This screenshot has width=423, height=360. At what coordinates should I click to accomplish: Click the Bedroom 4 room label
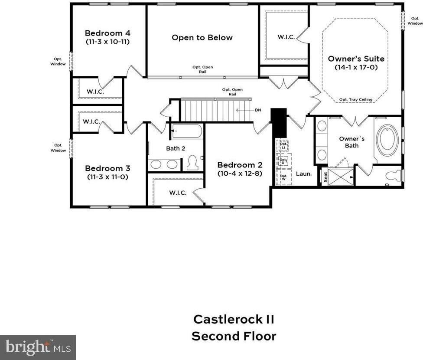coord(107,33)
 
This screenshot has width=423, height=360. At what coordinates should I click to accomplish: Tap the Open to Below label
coord(202,38)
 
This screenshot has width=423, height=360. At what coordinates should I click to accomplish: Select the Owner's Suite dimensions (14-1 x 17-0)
coord(356,67)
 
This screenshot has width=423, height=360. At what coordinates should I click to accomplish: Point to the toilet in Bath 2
coord(192,163)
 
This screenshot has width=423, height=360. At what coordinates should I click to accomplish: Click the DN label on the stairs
coord(258,110)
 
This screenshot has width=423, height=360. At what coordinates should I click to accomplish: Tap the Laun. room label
coord(304,173)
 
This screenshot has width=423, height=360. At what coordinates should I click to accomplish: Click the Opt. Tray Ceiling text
coord(355,99)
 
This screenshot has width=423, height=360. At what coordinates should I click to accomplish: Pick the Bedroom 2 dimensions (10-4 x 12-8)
coord(240,173)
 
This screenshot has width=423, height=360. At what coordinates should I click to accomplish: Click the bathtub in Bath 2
coord(187,131)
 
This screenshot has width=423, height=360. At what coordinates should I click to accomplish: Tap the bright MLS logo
coord(38,347)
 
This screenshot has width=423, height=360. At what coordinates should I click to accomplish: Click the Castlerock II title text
coord(234,319)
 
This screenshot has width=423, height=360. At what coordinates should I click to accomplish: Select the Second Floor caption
coord(234,336)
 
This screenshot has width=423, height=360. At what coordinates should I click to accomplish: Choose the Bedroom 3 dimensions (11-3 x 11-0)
coord(107,177)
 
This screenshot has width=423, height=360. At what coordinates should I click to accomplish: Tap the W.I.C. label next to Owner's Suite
coord(286,37)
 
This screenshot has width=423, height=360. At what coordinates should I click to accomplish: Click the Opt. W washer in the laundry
coord(283,177)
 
